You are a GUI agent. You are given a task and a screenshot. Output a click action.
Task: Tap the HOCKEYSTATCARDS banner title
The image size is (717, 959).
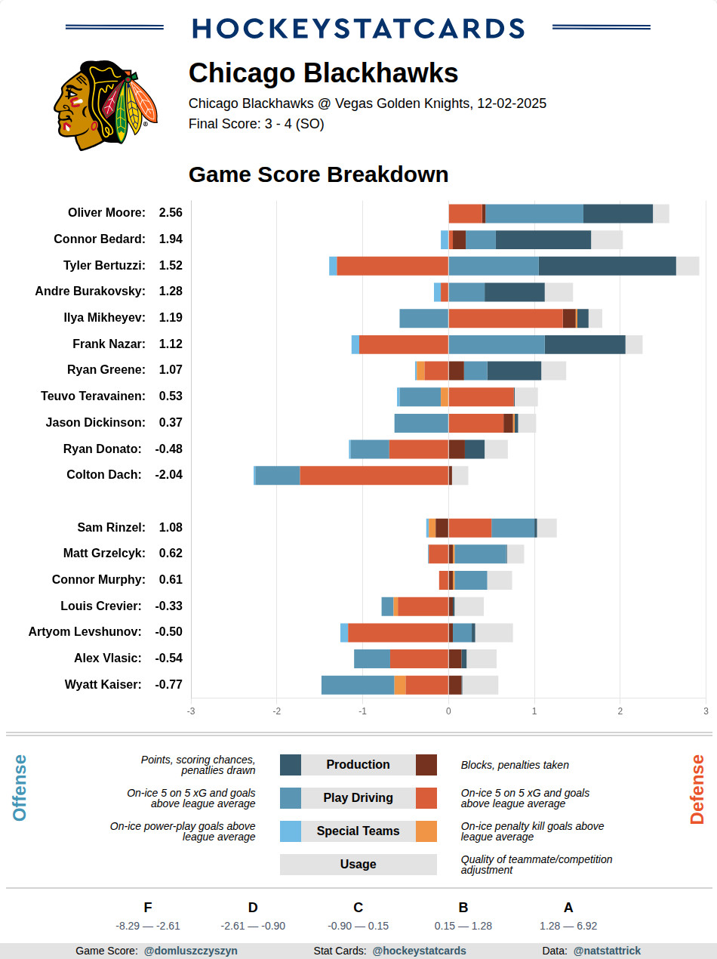(x=358, y=28)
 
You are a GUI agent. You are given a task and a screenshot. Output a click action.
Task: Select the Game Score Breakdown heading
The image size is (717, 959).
(x=318, y=174)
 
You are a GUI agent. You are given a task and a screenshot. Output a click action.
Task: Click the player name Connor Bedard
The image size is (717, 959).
(x=99, y=239)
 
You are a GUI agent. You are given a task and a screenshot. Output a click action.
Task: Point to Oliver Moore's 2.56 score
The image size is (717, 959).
(x=171, y=213)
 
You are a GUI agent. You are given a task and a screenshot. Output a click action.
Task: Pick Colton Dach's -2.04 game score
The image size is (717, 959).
(x=169, y=475)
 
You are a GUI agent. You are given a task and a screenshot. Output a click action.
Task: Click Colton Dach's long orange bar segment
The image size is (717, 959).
(x=374, y=475)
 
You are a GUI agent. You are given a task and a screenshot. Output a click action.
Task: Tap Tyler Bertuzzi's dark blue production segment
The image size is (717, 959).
(x=607, y=266)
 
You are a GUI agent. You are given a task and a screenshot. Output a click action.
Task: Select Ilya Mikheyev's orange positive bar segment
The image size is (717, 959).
(x=505, y=318)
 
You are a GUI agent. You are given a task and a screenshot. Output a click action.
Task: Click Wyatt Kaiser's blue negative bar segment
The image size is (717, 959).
(x=358, y=685)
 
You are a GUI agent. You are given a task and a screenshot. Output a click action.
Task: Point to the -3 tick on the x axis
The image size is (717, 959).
(x=191, y=711)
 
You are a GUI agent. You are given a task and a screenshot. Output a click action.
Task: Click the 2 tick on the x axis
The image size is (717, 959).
(x=620, y=711)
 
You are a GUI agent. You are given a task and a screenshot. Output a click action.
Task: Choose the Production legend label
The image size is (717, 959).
(x=358, y=765)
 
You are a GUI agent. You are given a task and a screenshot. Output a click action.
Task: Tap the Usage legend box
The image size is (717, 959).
(x=358, y=865)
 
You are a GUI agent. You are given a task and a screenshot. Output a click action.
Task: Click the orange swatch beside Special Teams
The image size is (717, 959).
(x=426, y=831)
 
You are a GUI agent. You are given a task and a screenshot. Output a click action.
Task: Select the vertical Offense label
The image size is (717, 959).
(x=20, y=788)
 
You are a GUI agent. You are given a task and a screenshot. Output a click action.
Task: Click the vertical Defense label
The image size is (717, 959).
(x=697, y=789)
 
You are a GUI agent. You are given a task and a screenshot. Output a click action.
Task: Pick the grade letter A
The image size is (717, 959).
(x=568, y=908)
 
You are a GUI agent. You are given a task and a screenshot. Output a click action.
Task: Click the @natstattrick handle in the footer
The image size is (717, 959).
(x=607, y=951)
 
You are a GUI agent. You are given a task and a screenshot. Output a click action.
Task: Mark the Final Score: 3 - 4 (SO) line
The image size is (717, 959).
(x=257, y=124)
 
